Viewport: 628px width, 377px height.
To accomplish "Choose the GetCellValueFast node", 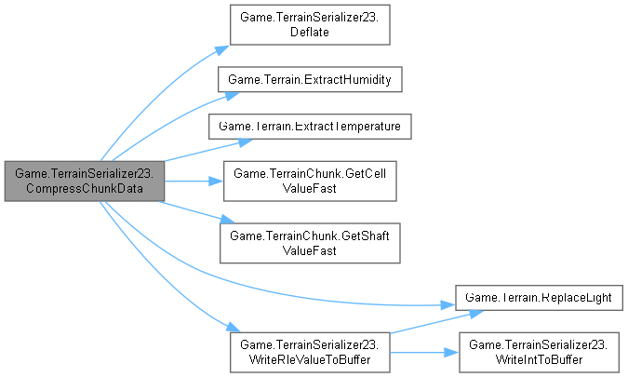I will click(x=309, y=181).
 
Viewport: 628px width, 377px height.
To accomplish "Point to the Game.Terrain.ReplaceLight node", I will click(x=539, y=297).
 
